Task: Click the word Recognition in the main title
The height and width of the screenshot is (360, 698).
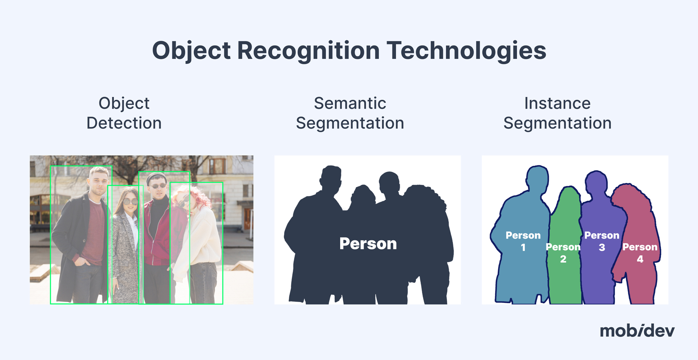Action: [x=308, y=51]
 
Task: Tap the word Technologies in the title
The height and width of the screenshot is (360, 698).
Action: [x=466, y=51]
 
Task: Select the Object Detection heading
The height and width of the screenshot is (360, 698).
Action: [x=124, y=113]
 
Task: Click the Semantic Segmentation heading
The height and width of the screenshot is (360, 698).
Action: [x=350, y=113]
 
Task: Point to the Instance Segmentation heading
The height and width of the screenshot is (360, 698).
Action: [x=557, y=113]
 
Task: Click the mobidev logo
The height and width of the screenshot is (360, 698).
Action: [x=637, y=330]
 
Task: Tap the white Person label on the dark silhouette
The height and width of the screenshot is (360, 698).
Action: [x=368, y=243]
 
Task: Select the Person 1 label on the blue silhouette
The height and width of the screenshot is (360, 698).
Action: [x=523, y=241]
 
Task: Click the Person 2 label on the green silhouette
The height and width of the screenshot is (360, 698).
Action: [x=563, y=253]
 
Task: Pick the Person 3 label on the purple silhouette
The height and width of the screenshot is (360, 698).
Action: [x=602, y=241]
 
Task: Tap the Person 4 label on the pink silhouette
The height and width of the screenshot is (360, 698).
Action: [x=640, y=253]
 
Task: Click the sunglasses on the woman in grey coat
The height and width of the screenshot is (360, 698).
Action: [x=130, y=202]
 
